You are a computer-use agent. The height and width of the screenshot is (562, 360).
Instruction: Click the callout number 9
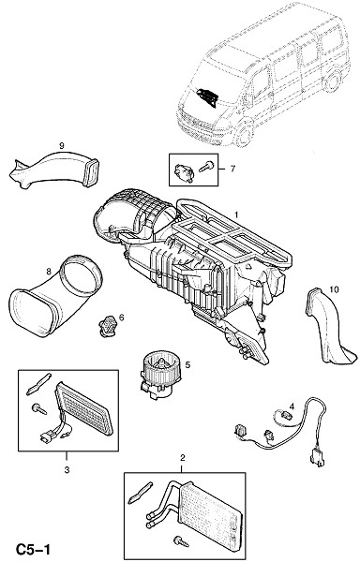coord(61,145)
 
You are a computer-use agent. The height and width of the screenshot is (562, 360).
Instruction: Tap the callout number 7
coord(232,169)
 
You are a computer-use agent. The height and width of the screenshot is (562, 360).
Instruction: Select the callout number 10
coord(334,289)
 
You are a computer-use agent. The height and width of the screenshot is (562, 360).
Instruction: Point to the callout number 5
coord(187,365)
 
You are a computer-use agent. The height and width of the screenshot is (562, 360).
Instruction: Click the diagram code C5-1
coord(33,549)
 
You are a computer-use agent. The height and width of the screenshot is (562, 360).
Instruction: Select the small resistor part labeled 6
coord(106,325)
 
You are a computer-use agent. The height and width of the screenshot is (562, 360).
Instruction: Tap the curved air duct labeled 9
coord(53,170)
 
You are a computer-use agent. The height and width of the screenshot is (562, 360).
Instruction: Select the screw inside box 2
coord(181,540)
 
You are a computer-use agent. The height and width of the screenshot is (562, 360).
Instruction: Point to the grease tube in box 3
coord(38,384)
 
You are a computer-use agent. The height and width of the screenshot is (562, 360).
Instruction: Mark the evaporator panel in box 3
coord(84,408)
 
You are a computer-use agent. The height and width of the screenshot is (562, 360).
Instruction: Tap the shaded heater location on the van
coord(207,96)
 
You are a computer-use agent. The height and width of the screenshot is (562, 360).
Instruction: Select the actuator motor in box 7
coord(184,173)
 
